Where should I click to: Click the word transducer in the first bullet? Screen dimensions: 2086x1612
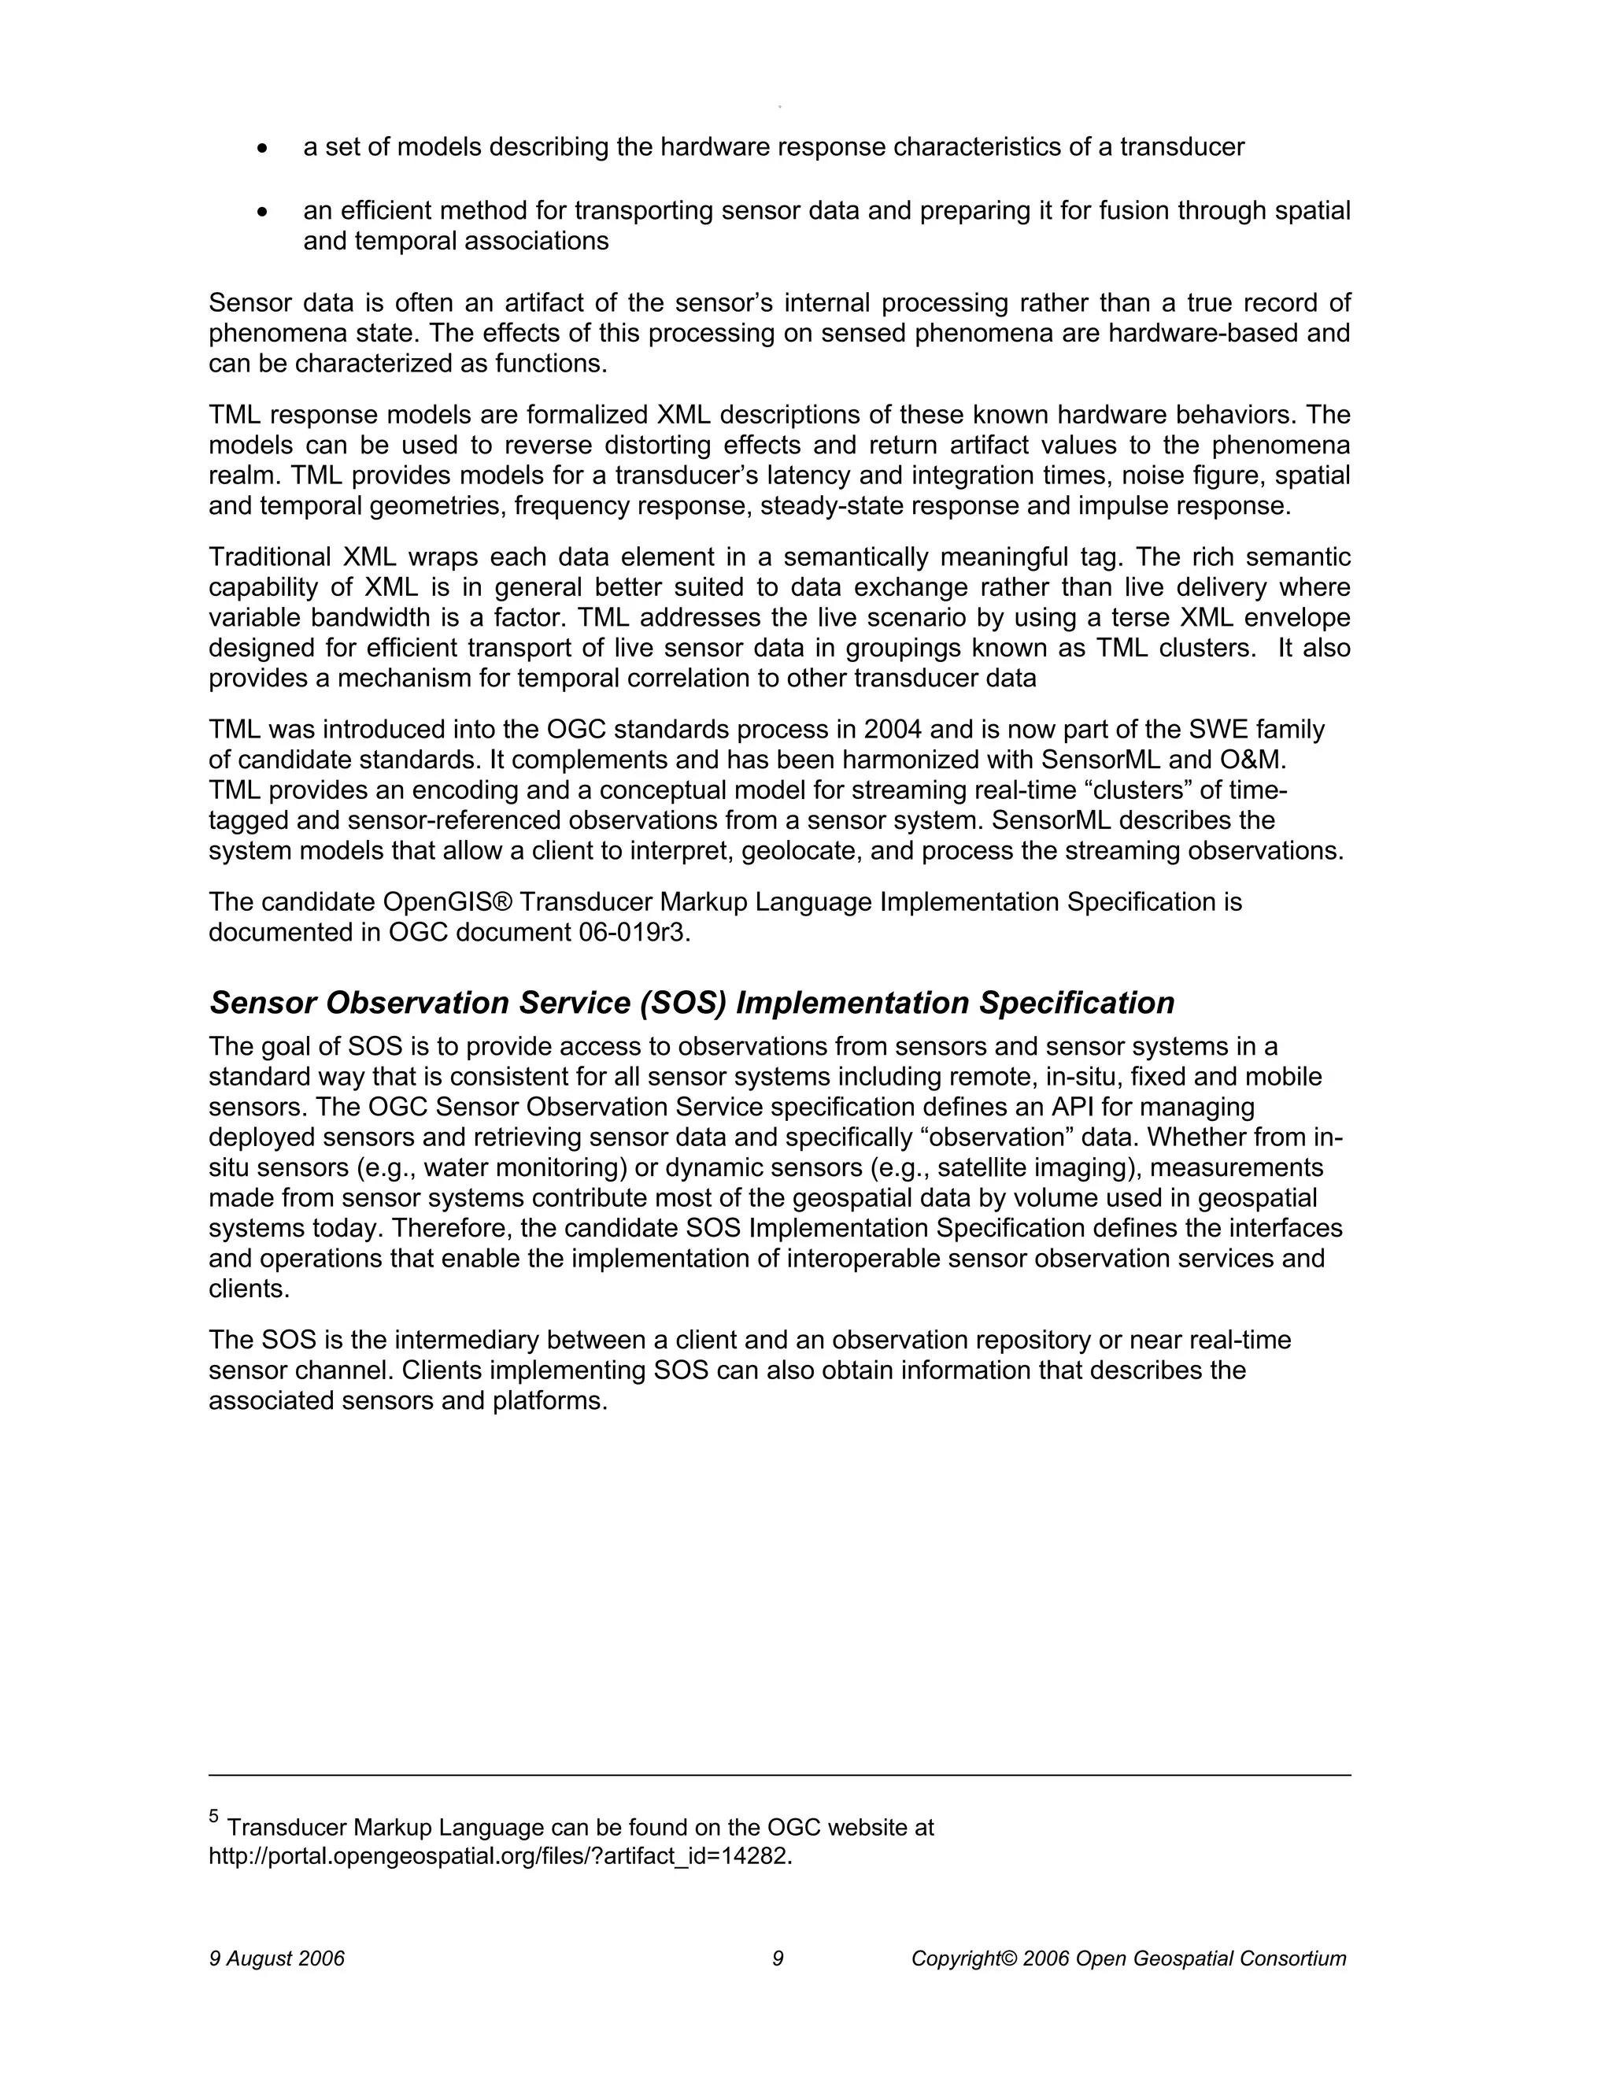point(1182,148)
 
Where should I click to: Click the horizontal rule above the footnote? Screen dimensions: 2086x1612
point(779,1776)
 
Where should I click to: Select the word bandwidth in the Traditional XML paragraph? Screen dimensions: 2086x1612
point(370,618)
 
